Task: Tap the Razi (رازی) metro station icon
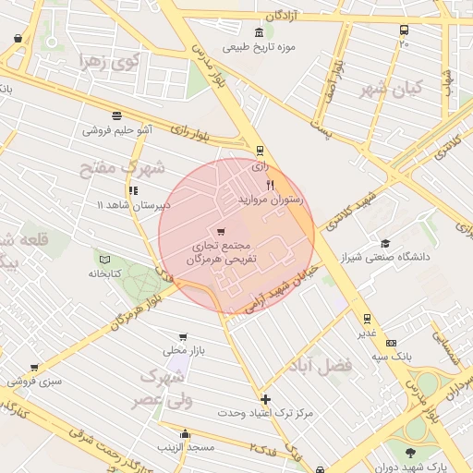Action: (x=260, y=151)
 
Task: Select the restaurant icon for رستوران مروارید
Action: (x=270, y=186)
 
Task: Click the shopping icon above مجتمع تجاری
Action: (x=220, y=232)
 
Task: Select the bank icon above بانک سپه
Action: (x=390, y=342)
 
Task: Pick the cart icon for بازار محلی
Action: (x=183, y=337)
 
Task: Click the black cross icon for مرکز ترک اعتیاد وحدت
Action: (x=266, y=399)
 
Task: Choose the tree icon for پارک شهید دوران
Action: (x=410, y=452)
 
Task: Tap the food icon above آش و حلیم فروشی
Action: (x=116, y=116)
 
